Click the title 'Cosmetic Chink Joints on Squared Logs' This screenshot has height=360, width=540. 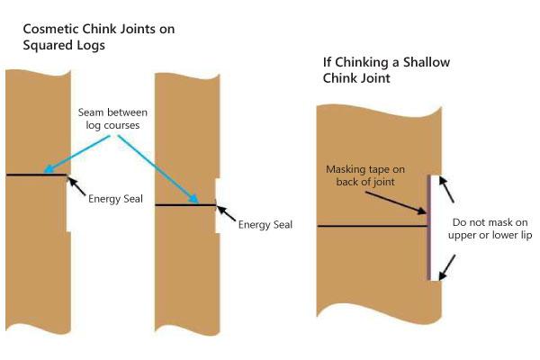pos(99,37)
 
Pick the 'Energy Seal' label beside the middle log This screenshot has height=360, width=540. pos(265,224)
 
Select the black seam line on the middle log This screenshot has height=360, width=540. pos(185,205)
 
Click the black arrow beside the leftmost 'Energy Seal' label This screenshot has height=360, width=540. pos(79,187)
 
